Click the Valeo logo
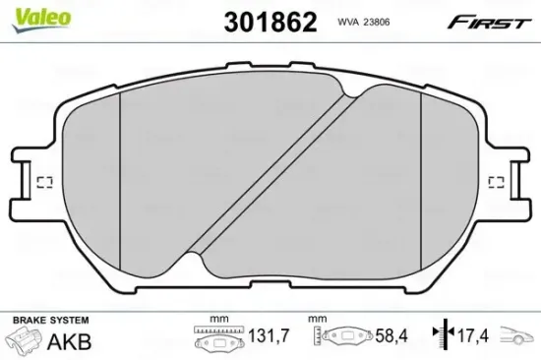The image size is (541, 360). coord(28,13)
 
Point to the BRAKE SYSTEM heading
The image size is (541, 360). coord(49,322)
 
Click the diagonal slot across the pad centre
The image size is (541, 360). coord(270,177)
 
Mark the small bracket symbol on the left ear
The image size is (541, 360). coord(43,181)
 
